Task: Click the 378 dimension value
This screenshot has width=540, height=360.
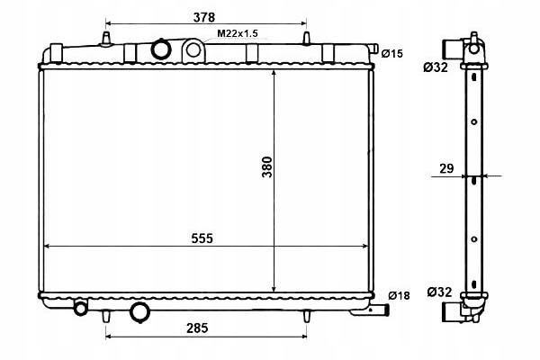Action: (204, 17)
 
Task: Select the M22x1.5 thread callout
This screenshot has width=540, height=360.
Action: (238, 33)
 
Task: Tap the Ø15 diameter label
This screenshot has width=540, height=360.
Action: (391, 54)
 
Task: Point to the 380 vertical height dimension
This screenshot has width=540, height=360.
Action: (267, 166)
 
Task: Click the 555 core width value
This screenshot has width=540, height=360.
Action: (202, 238)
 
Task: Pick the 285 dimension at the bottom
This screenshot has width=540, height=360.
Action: (197, 328)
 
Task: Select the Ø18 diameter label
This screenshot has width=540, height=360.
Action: (399, 295)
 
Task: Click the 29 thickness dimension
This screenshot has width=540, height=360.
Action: (446, 168)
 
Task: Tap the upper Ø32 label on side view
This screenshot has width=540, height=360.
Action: (436, 67)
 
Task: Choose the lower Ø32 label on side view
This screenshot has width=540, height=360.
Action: (440, 292)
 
